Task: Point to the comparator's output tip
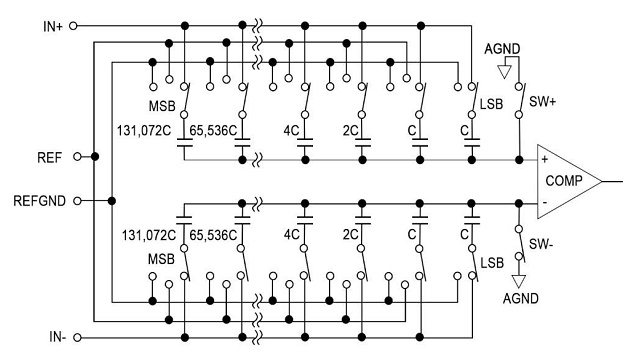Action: [602, 180]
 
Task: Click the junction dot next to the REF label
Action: [95, 157]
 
